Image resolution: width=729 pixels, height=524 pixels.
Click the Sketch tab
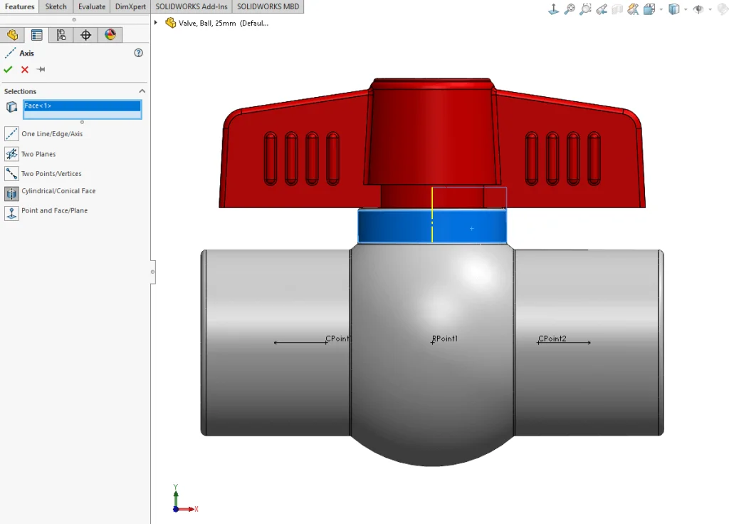click(56, 6)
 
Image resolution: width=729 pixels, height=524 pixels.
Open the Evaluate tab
click(92, 6)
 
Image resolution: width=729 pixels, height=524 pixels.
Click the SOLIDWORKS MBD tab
click(268, 6)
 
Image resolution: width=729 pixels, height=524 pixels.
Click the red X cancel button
click(25, 69)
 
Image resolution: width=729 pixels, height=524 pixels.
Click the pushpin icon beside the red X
click(41, 69)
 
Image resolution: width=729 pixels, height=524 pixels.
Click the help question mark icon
click(138, 53)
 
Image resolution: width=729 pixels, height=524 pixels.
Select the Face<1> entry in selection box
click(82, 106)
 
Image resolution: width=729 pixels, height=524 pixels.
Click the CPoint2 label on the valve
click(552, 339)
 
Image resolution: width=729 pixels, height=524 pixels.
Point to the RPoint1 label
click(445, 339)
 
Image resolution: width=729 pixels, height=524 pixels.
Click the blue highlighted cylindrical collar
click(470, 227)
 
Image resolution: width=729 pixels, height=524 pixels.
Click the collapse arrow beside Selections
click(142, 91)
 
